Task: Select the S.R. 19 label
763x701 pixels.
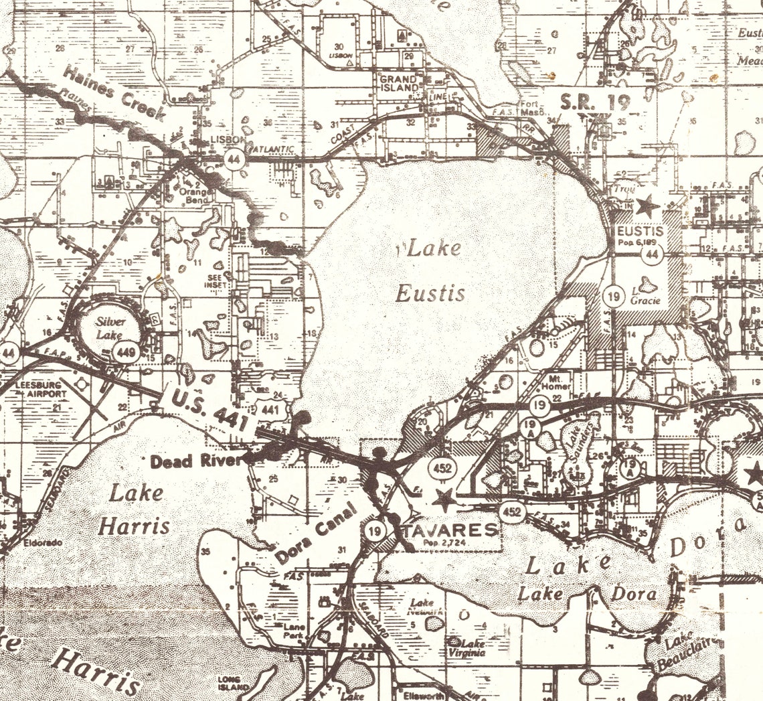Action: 591,102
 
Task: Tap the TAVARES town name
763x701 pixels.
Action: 452,530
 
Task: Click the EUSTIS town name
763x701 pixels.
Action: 640,232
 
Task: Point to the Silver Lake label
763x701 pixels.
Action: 110,327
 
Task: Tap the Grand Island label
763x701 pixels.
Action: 399,83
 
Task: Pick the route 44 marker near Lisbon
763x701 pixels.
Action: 234,159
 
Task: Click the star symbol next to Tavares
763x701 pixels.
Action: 444,499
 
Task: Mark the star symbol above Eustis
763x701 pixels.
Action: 647,206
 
